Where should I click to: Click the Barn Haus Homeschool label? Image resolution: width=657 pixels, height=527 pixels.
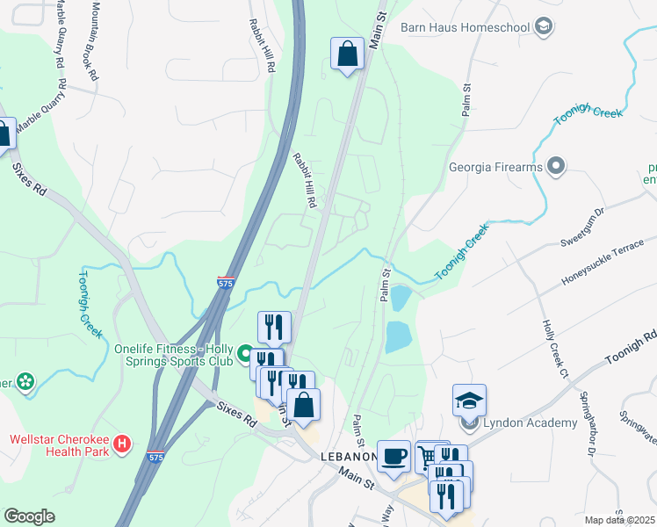[465, 27]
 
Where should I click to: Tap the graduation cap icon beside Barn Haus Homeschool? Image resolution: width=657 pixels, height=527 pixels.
[544, 27]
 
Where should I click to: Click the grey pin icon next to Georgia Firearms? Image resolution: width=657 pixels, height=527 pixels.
[555, 165]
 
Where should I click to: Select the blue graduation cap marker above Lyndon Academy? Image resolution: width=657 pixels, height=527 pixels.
[470, 401]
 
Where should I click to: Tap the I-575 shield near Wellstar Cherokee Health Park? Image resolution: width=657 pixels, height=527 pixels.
[155, 458]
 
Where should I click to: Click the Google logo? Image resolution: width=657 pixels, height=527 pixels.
[29, 516]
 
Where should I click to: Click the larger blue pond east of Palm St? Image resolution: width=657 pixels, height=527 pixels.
[397, 336]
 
